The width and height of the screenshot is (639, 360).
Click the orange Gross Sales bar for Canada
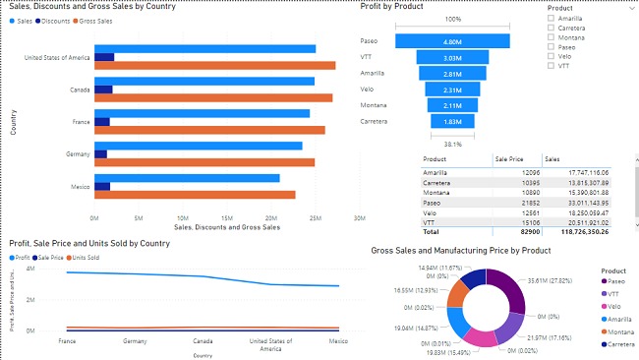pyautogui.click(x=211, y=98)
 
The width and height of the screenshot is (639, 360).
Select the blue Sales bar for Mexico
pyautogui.click(x=186, y=178)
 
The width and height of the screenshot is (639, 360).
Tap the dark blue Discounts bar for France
pyautogui.click(x=101, y=122)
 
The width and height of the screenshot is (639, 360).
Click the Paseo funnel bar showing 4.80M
pyautogui.click(x=452, y=41)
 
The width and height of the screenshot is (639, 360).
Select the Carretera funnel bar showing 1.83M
pyautogui.click(x=452, y=121)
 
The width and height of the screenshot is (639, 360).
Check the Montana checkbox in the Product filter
pyautogui.click(x=552, y=37)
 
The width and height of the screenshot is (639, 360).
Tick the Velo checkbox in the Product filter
pyautogui.click(x=552, y=56)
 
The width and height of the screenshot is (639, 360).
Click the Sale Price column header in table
pyautogui.click(x=510, y=157)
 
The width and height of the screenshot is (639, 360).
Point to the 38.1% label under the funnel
pyautogui.click(x=452, y=143)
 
